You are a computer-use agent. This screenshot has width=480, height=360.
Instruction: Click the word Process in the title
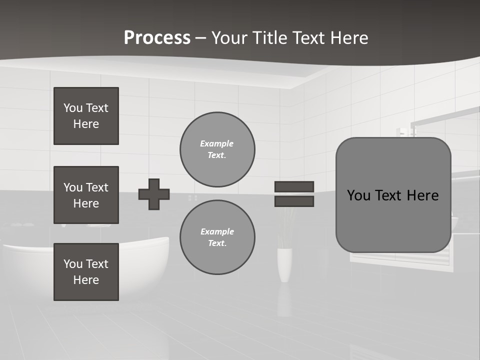(157, 38)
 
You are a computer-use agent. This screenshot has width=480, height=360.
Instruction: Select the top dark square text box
(86, 116)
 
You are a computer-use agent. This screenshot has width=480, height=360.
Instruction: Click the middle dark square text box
(86, 195)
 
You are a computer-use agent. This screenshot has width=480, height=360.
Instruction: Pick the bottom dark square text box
(86, 272)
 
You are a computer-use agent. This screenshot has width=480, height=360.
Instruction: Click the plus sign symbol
(154, 194)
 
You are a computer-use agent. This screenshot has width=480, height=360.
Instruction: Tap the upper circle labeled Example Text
(217, 149)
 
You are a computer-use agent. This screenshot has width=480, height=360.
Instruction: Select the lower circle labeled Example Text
(217, 237)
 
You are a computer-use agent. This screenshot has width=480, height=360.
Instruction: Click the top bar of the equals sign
(294, 187)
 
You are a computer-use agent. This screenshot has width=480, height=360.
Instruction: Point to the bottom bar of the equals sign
(294, 201)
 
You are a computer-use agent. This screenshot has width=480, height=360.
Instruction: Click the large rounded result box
(393, 195)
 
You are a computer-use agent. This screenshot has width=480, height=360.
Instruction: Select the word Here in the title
(348, 38)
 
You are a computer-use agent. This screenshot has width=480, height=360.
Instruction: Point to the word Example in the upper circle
(217, 143)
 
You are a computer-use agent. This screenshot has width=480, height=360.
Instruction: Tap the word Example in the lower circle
(217, 231)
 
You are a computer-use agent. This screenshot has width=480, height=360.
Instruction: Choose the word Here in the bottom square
(86, 280)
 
